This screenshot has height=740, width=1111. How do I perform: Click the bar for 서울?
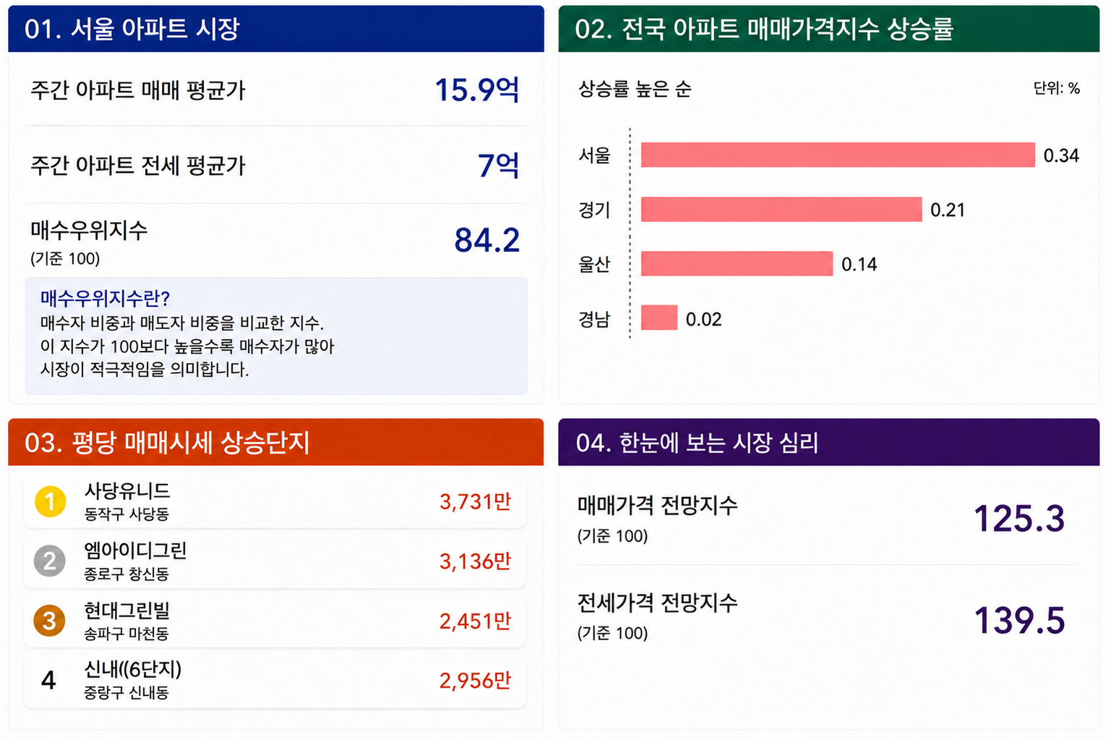838,155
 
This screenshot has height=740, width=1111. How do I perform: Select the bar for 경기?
781,210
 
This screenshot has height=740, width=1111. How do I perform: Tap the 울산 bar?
737,263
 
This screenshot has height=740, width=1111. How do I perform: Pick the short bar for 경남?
659,318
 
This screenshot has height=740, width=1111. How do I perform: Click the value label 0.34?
1061,156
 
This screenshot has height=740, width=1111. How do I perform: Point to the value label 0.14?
859,264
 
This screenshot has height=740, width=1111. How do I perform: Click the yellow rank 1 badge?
50,502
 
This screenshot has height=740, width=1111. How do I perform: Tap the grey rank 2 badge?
50,561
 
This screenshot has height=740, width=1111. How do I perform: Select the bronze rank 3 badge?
49,621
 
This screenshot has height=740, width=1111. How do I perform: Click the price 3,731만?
475,502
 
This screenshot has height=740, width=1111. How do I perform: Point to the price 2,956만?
475,681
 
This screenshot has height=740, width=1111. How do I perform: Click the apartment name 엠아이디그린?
135,550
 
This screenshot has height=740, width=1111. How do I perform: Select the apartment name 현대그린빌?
127,611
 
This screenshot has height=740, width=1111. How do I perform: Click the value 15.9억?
477,90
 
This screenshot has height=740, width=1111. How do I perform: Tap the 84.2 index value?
487,240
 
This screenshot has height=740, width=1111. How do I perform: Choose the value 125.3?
1020,519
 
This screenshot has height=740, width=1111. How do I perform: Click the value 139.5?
1020,621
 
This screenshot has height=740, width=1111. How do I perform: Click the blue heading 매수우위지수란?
105,298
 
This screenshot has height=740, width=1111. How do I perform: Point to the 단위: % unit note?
1057,88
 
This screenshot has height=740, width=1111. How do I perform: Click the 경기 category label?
594,210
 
